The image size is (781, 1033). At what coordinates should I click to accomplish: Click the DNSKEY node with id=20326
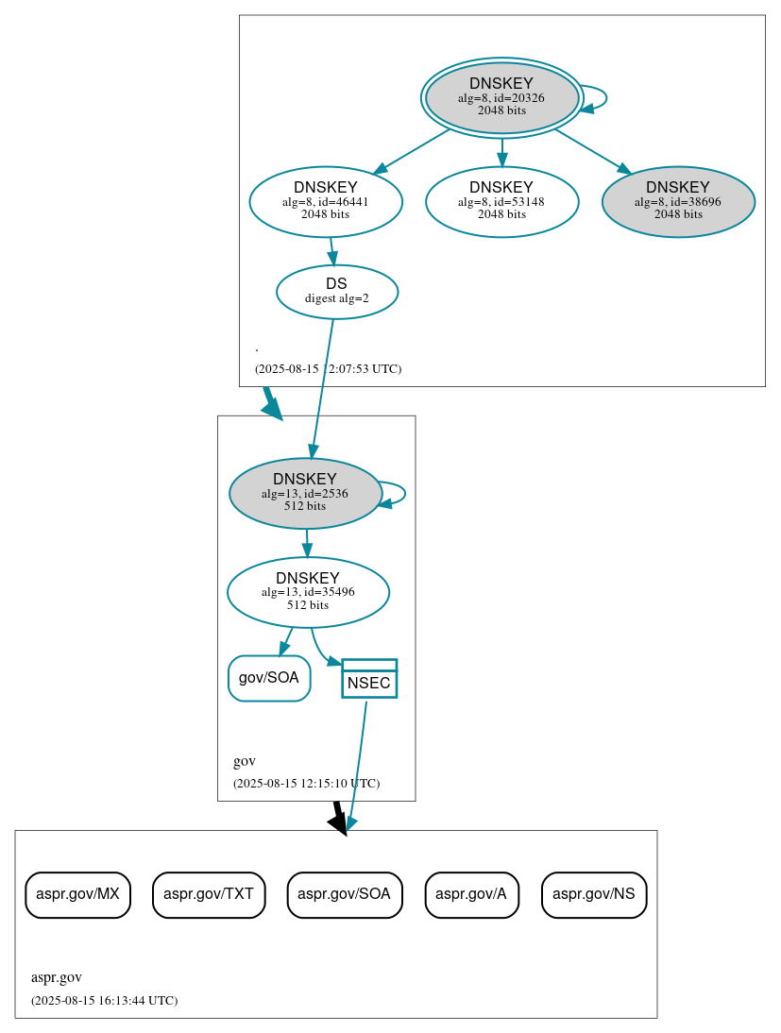tap(501, 97)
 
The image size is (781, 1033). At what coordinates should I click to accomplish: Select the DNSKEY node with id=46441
tap(326, 201)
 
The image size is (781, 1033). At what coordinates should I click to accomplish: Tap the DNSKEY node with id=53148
tap(501, 201)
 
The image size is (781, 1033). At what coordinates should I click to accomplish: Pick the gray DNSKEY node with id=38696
tap(678, 201)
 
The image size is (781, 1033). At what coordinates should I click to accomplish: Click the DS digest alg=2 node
tap(337, 291)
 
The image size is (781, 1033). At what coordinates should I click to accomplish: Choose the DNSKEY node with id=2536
tap(305, 493)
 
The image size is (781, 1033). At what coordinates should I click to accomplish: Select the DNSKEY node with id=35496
tap(308, 592)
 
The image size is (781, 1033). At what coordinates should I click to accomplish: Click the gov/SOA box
tap(269, 678)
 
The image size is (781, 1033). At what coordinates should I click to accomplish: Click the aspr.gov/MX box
tap(77, 894)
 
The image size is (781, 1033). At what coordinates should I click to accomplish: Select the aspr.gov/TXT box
tap(209, 894)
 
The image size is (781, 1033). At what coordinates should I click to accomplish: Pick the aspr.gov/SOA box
tap(345, 894)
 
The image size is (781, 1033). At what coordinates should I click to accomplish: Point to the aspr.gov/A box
tap(472, 894)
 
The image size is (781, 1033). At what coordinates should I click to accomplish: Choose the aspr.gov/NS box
tap(594, 894)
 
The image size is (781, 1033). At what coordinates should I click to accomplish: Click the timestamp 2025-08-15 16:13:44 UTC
tap(104, 1000)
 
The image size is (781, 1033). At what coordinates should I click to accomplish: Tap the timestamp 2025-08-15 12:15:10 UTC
tap(306, 783)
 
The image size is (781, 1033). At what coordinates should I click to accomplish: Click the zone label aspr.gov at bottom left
tap(56, 977)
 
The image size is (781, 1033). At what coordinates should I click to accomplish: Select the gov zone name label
tap(244, 761)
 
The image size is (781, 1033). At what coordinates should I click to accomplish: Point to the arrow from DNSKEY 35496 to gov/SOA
tap(285, 642)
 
